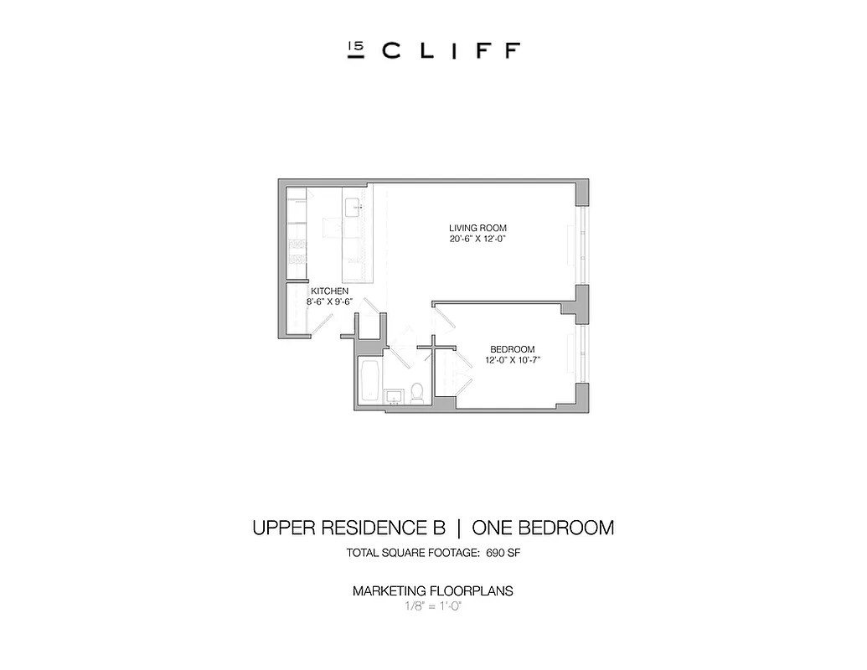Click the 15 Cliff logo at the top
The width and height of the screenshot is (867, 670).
click(433, 50)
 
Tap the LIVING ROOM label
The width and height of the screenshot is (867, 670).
click(477, 228)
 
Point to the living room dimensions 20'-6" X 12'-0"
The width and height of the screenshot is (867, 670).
click(477, 239)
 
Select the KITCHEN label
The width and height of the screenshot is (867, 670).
click(329, 291)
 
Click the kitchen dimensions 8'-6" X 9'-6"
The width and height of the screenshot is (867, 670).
click(329, 301)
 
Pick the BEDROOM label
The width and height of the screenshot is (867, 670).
click(512, 349)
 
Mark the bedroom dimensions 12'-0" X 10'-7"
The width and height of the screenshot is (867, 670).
click(512, 360)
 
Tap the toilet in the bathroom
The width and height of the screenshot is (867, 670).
click(416, 392)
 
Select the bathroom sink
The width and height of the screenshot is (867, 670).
click(393, 395)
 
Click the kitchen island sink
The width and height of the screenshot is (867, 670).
click(353, 205)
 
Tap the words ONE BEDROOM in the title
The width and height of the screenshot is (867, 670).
click(543, 528)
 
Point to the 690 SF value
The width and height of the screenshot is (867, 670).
click(503, 553)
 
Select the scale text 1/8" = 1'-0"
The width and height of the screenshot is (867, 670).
click(433, 606)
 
